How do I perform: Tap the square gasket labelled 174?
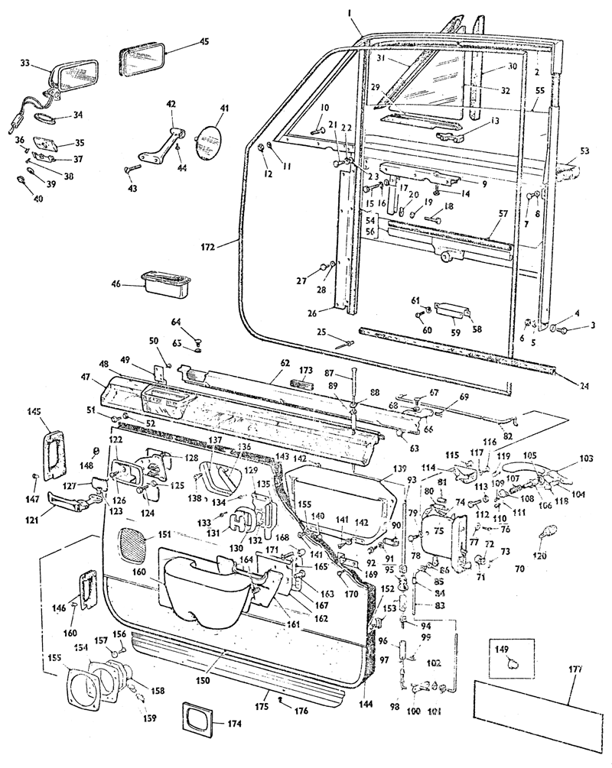pos(196,719)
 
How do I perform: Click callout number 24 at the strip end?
pos(584,385)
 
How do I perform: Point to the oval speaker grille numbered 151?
pos(135,546)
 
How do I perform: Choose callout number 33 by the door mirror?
pos(25,63)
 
